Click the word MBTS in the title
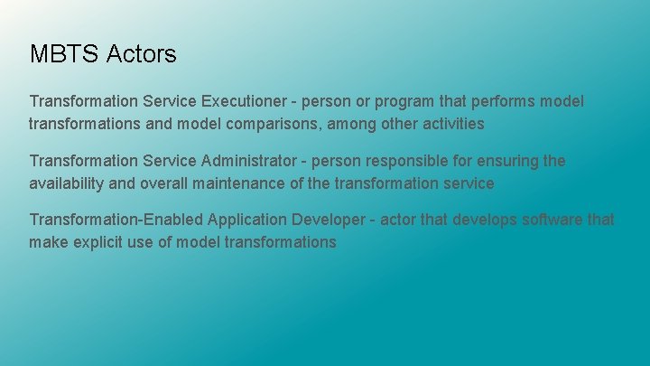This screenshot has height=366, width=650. pos(64,54)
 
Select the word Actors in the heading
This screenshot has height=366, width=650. pos(141,54)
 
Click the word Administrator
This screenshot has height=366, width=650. pos(248,161)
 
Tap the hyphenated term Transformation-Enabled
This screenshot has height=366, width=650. pos(116,220)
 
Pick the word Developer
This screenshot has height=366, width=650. pos(333,220)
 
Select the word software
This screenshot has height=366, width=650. pos(551,220)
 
